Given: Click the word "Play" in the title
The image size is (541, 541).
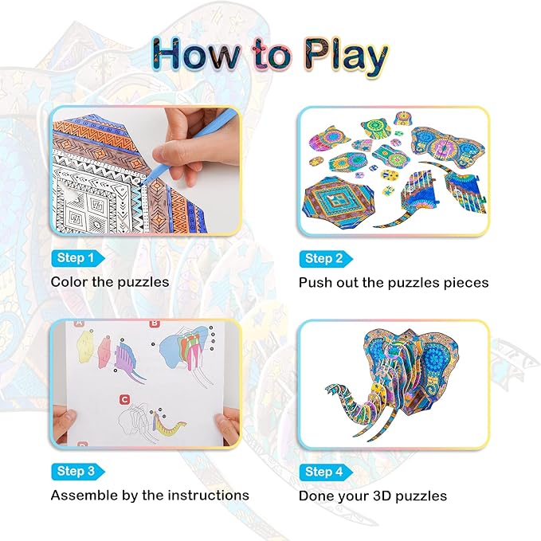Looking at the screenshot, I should click(x=335, y=56).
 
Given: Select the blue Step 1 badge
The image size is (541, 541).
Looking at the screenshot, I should click(x=77, y=258).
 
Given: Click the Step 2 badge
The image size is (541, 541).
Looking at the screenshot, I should click(x=325, y=258).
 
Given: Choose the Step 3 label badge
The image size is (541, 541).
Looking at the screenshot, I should click(x=77, y=471).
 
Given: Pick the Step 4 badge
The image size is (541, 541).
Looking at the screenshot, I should click(x=325, y=471).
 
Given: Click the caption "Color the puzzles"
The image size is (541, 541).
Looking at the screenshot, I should click(x=110, y=282).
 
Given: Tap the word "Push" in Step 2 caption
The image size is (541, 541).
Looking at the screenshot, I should click(x=316, y=282).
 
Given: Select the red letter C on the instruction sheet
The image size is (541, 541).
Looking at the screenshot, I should click(x=124, y=399).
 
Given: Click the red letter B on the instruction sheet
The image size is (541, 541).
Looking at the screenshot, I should click(x=155, y=324).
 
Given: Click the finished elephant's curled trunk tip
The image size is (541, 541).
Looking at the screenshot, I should click(x=331, y=390).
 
